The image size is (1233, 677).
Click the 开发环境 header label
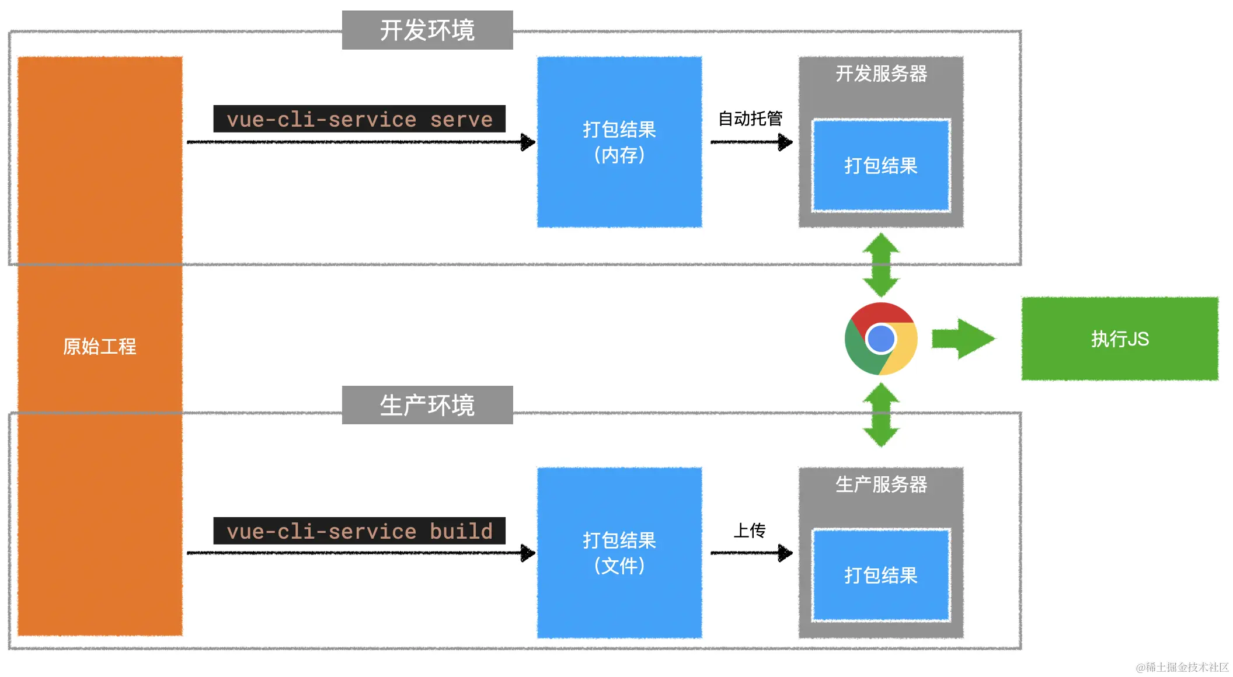pyautogui.click(x=427, y=30)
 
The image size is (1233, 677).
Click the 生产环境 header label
pyautogui.click(x=427, y=405)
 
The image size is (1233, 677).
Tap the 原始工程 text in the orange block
pyautogui.click(x=99, y=346)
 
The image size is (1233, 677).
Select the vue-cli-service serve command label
pyautogui.click(x=359, y=119)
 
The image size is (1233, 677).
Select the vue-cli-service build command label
pyautogui.click(x=359, y=531)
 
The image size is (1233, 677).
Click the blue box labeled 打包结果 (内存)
pyautogui.click(x=619, y=142)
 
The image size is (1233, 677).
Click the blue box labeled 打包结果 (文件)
pyautogui.click(x=619, y=552)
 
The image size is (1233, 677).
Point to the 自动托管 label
pyautogui.click(x=750, y=118)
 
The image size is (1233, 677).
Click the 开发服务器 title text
pyautogui.click(x=880, y=74)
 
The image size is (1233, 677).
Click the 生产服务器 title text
pyautogui.click(x=880, y=484)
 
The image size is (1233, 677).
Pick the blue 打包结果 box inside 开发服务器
pyautogui.click(x=880, y=166)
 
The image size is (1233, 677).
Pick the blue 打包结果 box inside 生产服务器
pyautogui.click(x=880, y=575)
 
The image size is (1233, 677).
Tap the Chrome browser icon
pyautogui.click(x=880, y=338)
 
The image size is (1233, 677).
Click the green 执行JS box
pyautogui.click(x=1119, y=339)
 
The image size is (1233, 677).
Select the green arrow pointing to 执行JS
pyautogui.click(x=962, y=339)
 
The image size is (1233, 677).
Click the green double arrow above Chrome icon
pyautogui.click(x=881, y=265)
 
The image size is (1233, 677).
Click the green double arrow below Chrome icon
pyautogui.click(x=881, y=415)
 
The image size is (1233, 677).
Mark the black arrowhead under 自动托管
pyautogui.click(x=785, y=142)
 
